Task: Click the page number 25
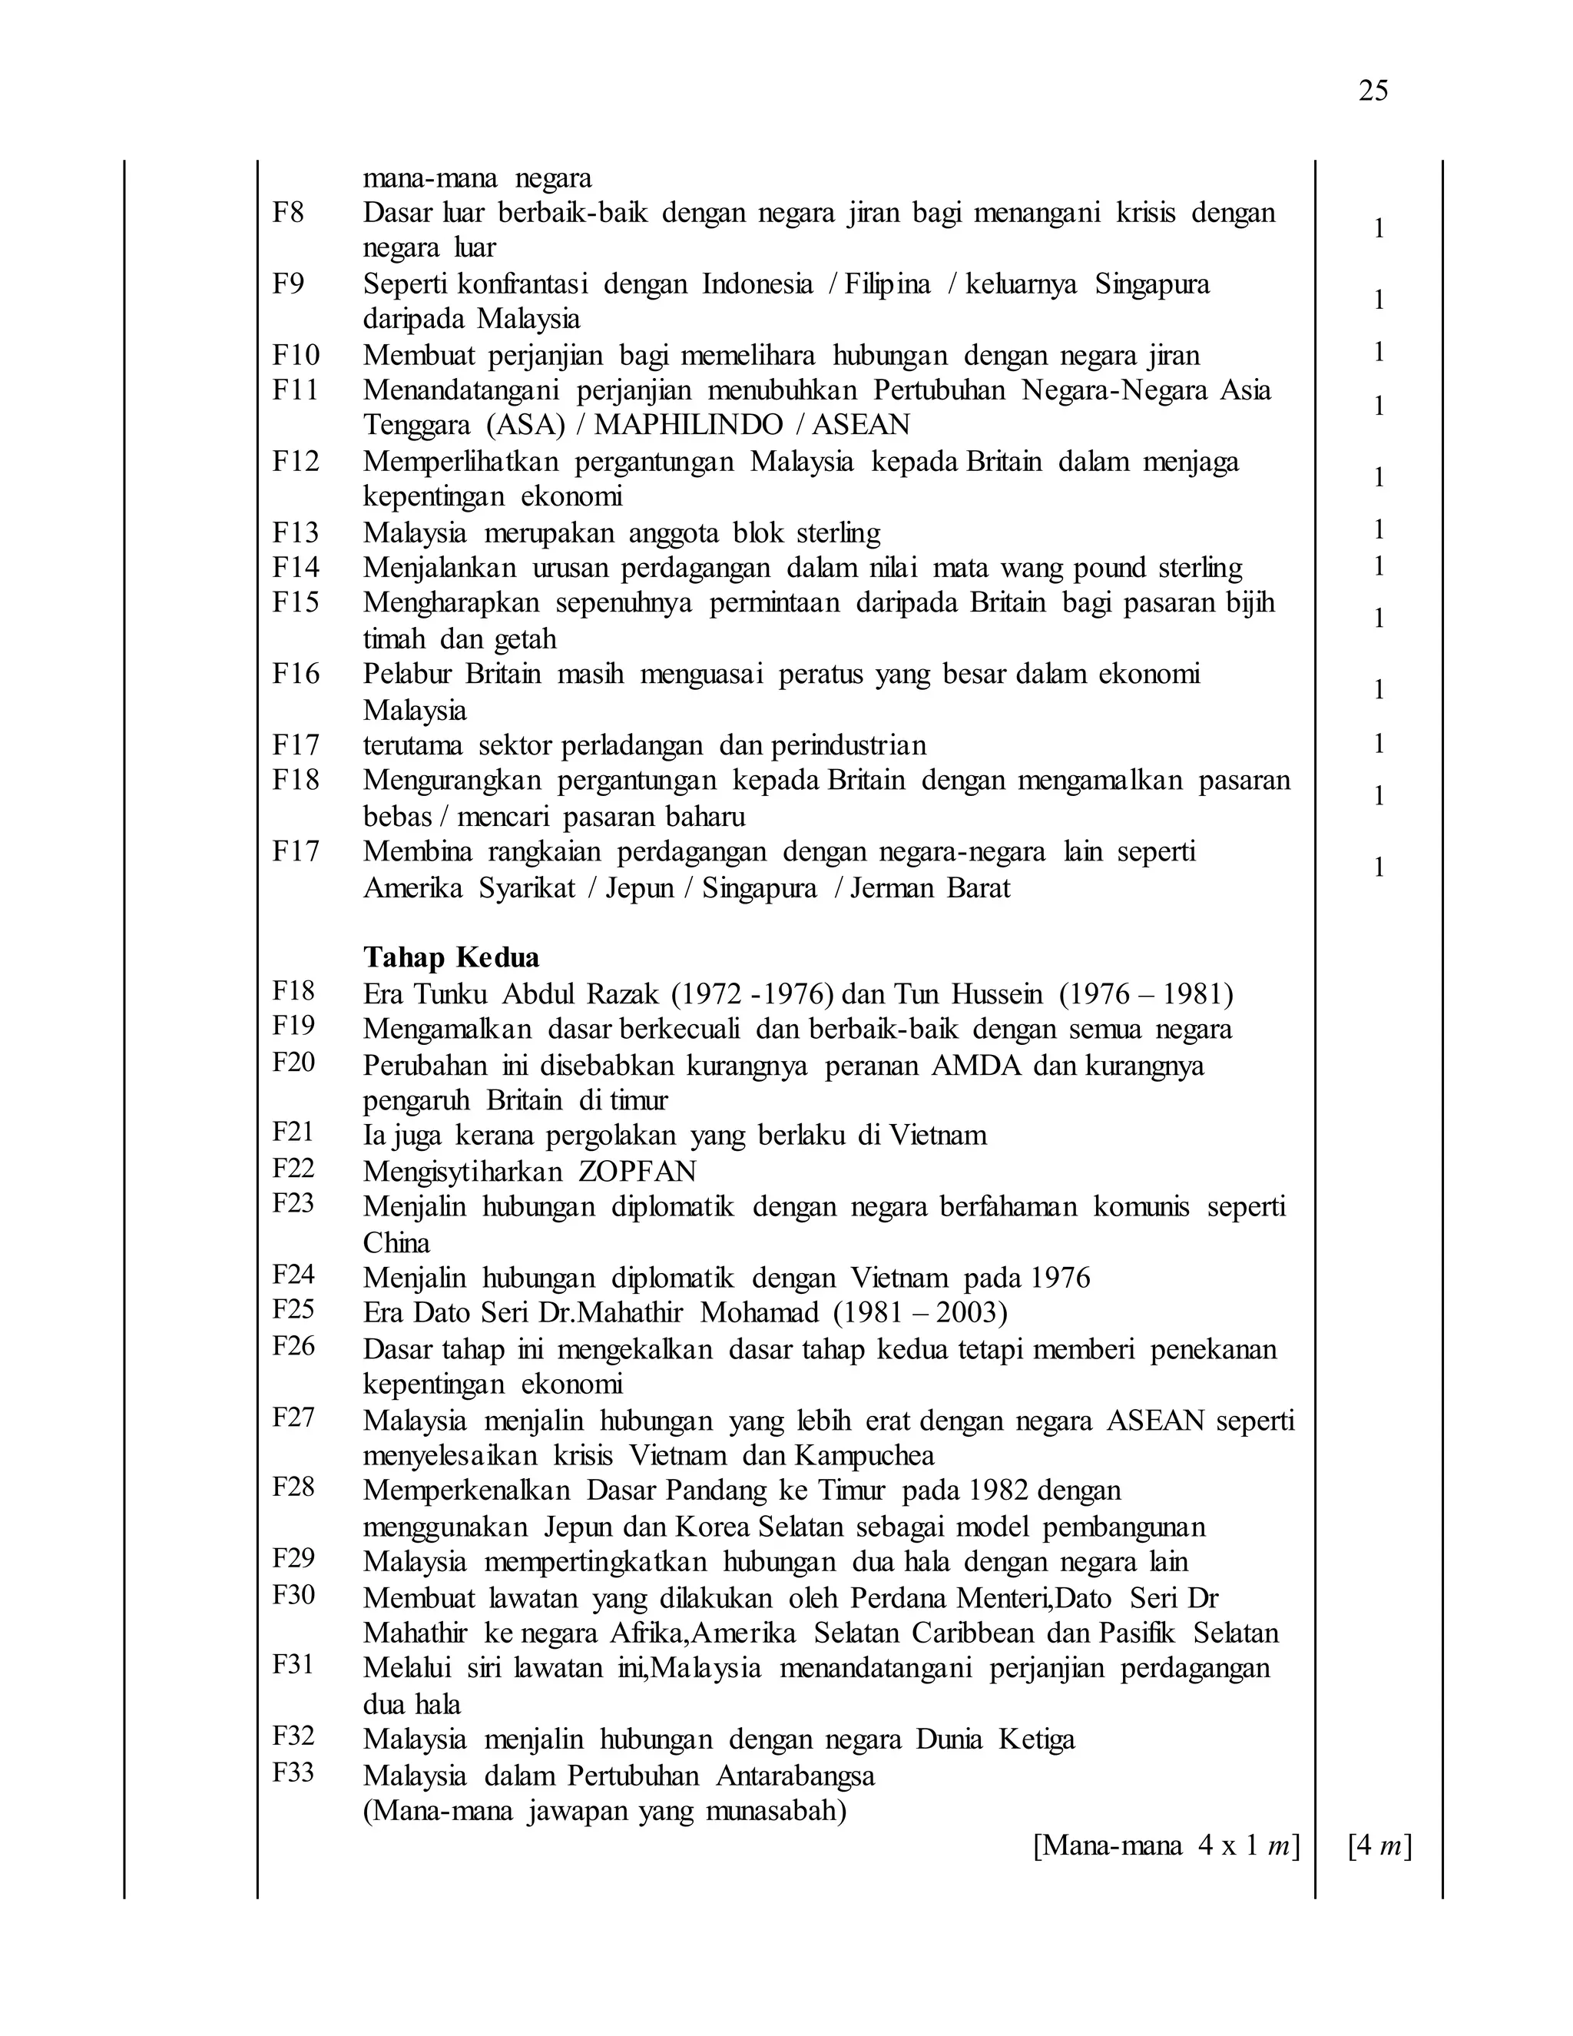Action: tap(1373, 91)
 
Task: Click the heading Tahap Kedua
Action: tap(451, 957)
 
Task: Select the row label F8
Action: tap(288, 213)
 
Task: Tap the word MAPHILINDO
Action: tap(689, 425)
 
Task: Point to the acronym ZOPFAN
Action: tap(637, 1171)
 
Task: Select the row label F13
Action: tap(296, 532)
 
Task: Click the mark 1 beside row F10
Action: tap(1378, 353)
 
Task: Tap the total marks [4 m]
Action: tap(1379, 1845)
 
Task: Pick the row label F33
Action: tap(293, 1772)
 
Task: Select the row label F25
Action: tap(293, 1310)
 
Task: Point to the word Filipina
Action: tap(887, 284)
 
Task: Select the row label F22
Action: tap(293, 1168)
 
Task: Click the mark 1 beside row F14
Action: tap(1378, 567)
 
